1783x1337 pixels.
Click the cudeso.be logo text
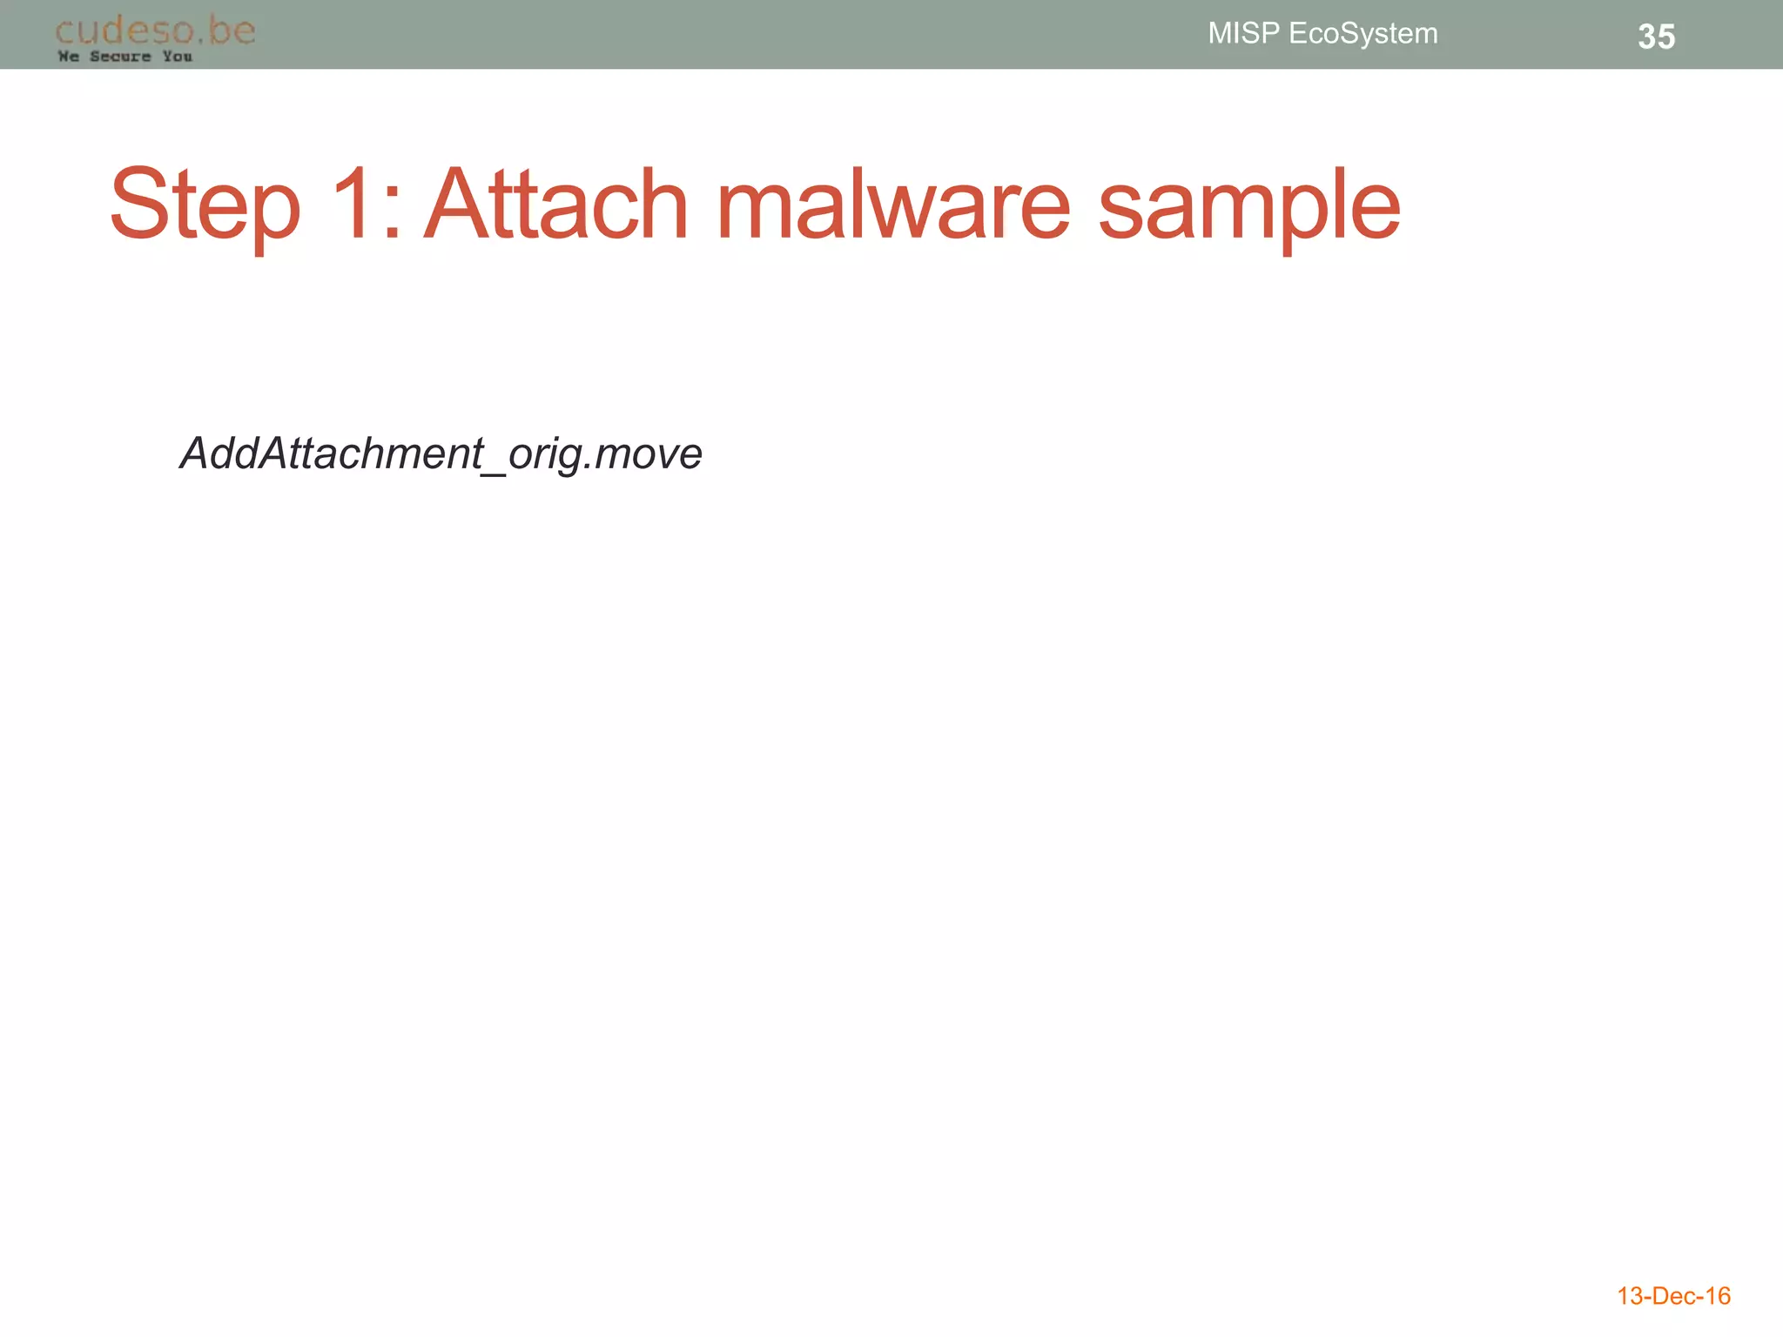point(155,30)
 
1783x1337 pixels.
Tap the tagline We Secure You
point(124,57)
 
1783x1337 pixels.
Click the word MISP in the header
point(1243,33)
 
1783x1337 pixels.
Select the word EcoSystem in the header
point(1362,34)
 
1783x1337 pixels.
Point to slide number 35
point(1656,37)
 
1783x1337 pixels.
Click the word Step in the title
point(205,205)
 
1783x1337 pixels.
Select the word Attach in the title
point(557,204)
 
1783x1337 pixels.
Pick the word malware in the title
point(893,204)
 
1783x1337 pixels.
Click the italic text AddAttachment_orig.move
point(441,454)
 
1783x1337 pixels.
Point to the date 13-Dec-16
point(1673,1296)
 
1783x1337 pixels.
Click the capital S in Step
point(140,204)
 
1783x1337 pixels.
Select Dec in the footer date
point(1673,1296)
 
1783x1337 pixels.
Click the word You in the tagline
point(177,57)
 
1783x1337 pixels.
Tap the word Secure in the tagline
point(120,57)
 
